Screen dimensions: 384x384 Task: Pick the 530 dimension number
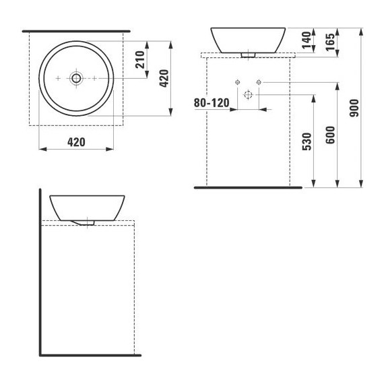(x=307, y=142)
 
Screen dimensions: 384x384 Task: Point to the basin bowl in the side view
(x=88, y=205)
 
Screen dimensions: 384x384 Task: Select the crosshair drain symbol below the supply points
(x=247, y=96)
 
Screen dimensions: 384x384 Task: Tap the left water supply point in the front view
(x=237, y=82)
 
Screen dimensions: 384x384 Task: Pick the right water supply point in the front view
(x=257, y=82)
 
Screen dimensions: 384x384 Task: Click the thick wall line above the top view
(x=75, y=31)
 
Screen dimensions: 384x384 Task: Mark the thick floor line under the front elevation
(x=248, y=187)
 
